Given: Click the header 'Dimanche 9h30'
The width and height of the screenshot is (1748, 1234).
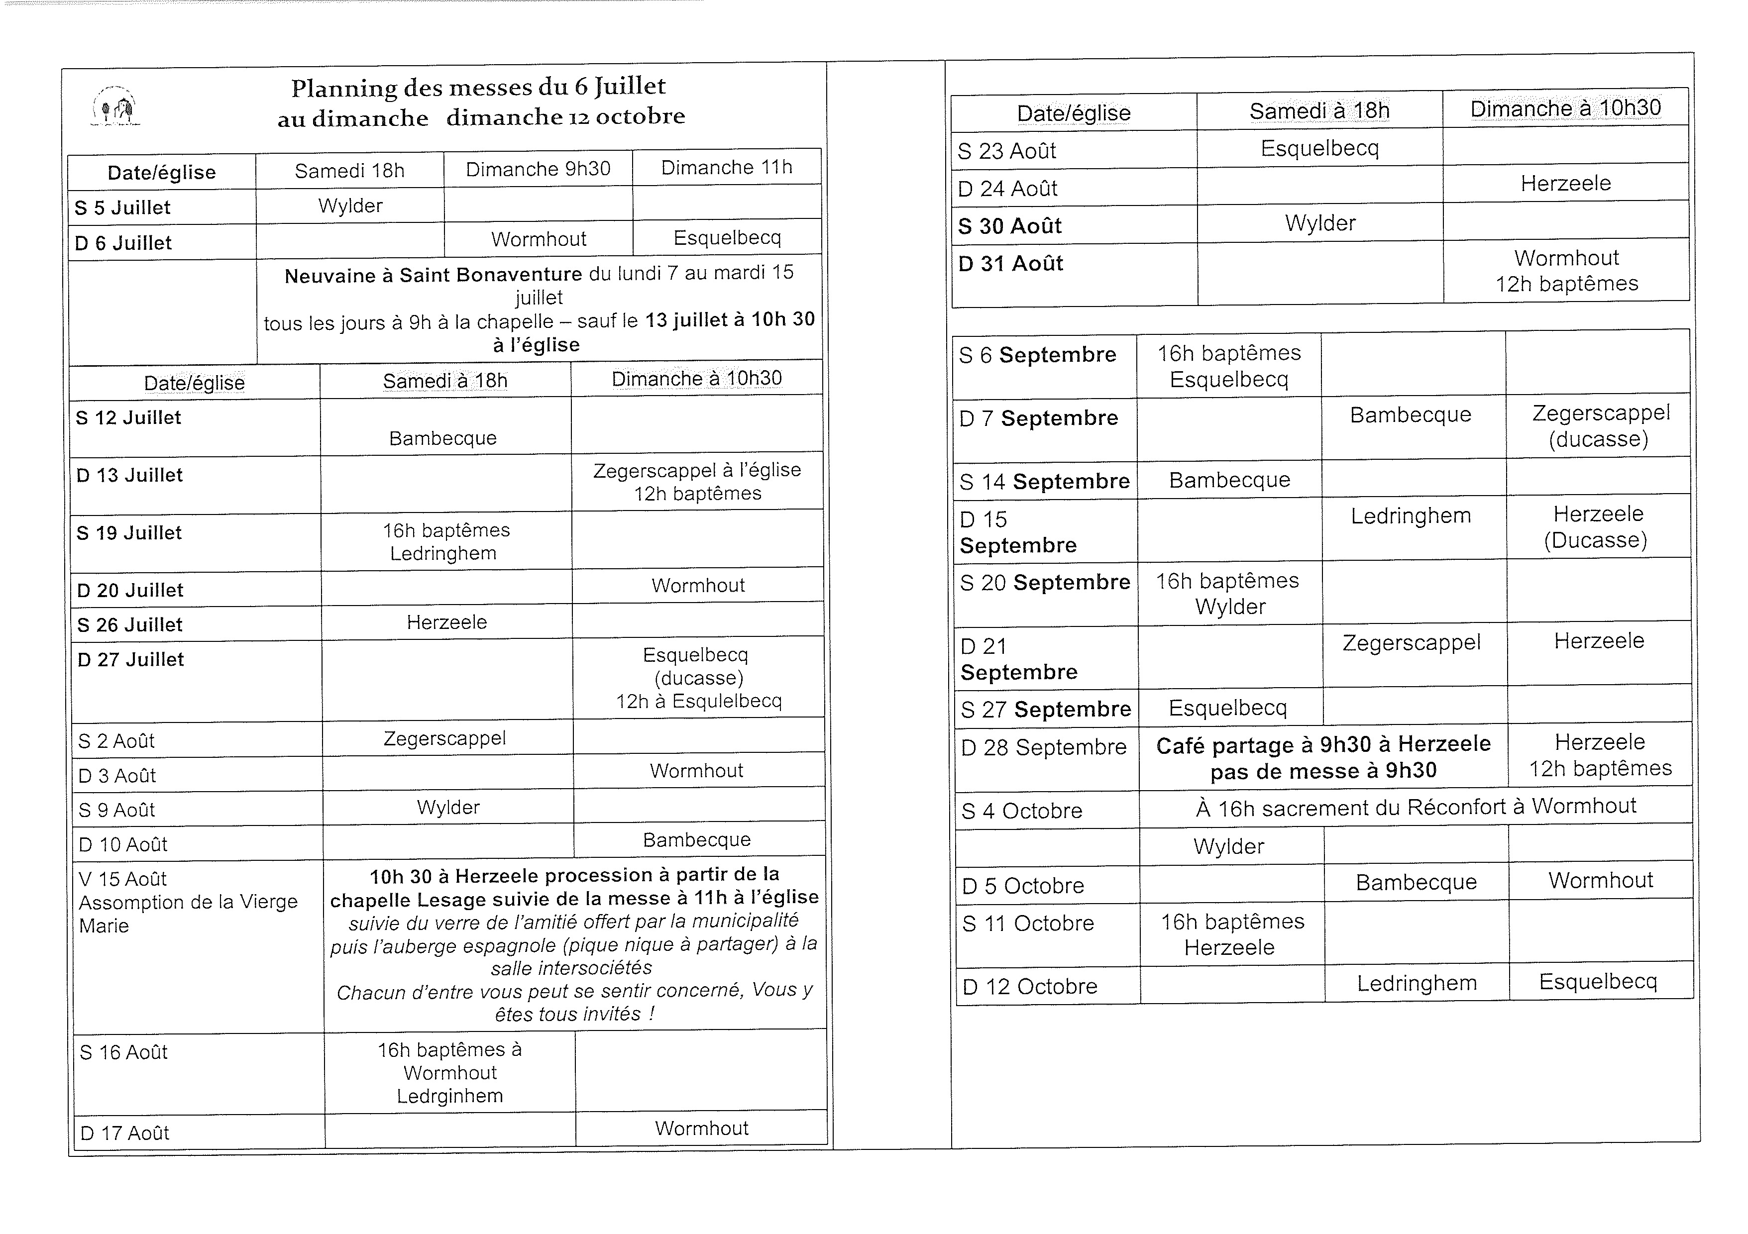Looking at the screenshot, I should [538, 169].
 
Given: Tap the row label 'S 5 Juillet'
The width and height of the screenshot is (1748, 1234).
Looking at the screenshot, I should [122, 208].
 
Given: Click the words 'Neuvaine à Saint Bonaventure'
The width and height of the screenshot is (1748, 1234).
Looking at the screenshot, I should [433, 275].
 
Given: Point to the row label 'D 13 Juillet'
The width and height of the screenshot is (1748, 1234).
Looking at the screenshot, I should [129, 476].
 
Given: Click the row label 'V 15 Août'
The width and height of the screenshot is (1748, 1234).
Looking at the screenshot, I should [122, 879].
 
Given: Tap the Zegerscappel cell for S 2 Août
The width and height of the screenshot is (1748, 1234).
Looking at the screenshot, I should [444, 738].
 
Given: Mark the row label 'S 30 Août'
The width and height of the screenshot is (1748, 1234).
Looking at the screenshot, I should [1009, 226].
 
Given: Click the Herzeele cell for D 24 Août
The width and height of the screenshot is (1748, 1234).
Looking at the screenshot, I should [1565, 184].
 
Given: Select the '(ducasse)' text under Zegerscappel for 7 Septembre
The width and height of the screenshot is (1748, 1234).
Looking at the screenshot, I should [1598, 440].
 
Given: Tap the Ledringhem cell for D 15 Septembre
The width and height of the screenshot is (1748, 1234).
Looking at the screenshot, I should [1411, 516].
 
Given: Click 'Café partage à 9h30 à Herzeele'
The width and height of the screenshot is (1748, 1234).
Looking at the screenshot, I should [1323, 744].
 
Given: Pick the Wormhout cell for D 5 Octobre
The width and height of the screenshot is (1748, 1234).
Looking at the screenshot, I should [1600, 881].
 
